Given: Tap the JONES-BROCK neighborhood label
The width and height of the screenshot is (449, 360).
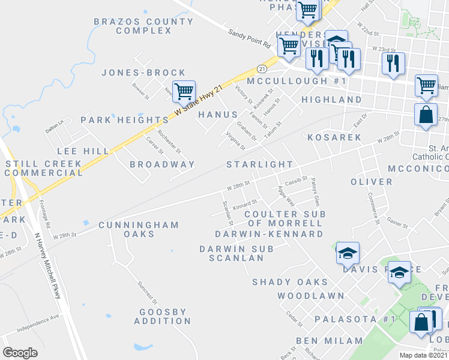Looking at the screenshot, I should (143, 73).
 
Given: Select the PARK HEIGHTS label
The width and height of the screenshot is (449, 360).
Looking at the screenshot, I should (125, 120).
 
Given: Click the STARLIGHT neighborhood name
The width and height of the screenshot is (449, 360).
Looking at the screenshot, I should (260, 164).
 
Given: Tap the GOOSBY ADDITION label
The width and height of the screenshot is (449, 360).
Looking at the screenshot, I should (165, 316).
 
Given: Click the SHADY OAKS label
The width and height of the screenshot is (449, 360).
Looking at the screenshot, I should (290, 282).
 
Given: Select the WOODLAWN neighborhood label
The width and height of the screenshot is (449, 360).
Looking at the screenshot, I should (311, 296).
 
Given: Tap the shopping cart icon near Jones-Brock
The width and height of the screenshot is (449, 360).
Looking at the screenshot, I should (184, 92).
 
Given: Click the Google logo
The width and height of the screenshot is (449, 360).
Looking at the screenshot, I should (20, 353).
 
